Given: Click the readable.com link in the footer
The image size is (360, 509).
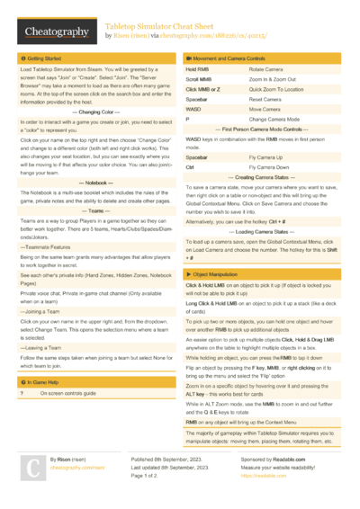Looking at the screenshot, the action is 255,476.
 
